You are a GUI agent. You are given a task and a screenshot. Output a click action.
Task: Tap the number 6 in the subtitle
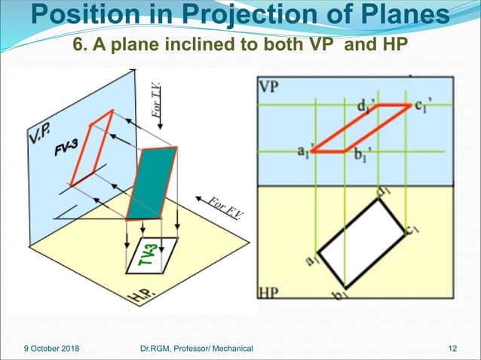click(78, 45)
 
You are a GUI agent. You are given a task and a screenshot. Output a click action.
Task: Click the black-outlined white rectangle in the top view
click(362, 241)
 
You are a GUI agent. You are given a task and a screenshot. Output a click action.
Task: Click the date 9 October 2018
click(51, 348)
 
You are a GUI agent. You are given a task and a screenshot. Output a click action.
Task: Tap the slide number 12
click(452, 348)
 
